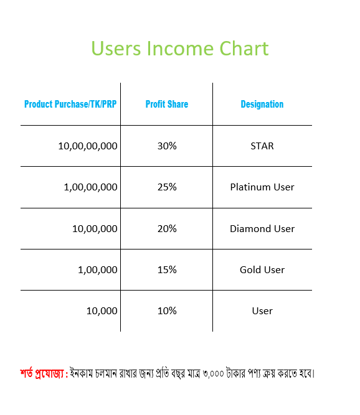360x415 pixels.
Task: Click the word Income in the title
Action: click(x=180, y=49)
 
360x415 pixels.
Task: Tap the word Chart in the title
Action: click(x=244, y=49)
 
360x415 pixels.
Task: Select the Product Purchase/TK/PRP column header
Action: click(x=70, y=104)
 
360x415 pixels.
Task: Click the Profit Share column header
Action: click(x=167, y=104)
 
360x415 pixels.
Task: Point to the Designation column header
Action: click(x=262, y=105)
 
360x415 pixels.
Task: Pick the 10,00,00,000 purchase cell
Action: click(x=88, y=146)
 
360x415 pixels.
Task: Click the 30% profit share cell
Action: click(x=167, y=146)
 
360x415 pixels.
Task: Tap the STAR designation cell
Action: click(x=262, y=146)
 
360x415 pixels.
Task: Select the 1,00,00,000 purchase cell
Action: click(x=90, y=187)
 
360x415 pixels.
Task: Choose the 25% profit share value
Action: click(x=167, y=187)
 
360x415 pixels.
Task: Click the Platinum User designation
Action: click(x=262, y=187)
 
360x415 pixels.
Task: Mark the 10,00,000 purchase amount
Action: click(x=95, y=229)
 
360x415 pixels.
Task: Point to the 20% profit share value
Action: click(x=167, y=228)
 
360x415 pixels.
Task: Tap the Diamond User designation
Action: click(x=262, y=228)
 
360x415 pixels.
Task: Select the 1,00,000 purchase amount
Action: click(x=98, y=270)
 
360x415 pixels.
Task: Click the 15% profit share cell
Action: click(x=167, y=269)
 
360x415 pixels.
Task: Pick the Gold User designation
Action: click(x=262, y=269)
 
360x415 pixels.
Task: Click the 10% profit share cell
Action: click(x=167, y=310)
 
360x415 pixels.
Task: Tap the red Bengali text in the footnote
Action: click(x=44, y=373)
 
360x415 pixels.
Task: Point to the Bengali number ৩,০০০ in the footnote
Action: click(x=214, y=374)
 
